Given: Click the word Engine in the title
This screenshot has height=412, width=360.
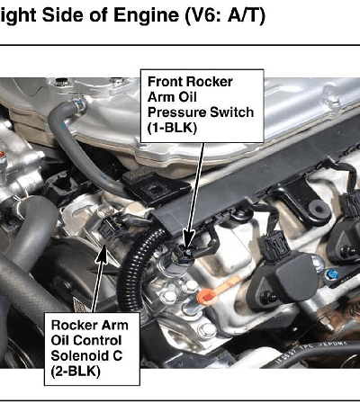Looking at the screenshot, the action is [146, 14].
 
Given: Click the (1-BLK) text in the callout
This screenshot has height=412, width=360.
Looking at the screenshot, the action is [172, 128].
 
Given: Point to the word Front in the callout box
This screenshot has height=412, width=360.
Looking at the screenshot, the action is [165, 82].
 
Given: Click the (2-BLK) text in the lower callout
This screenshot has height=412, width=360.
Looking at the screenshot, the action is [76, 372].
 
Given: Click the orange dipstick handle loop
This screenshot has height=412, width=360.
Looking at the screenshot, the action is [206, 297].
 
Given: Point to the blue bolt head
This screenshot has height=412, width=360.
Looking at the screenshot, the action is [332, 273].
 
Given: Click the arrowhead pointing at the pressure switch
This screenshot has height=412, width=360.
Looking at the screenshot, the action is [189, 239].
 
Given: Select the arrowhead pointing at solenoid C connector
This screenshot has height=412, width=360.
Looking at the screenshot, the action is [103, 255].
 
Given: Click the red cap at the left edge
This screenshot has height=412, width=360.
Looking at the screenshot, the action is [3, 155].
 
